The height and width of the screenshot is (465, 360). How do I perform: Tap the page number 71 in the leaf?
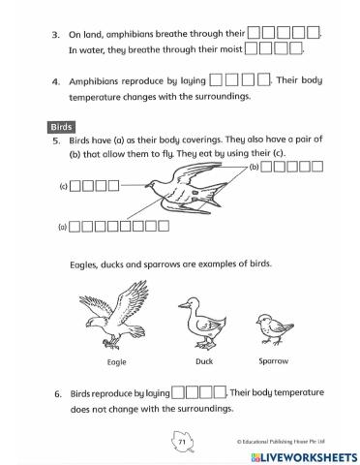coord(181,441)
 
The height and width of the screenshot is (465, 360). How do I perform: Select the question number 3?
coord(56,34)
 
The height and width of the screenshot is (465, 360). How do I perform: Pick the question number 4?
coord(56,82)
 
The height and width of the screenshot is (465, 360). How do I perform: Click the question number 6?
coord(56,394)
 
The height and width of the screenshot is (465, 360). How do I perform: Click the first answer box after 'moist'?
coord(253,47)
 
